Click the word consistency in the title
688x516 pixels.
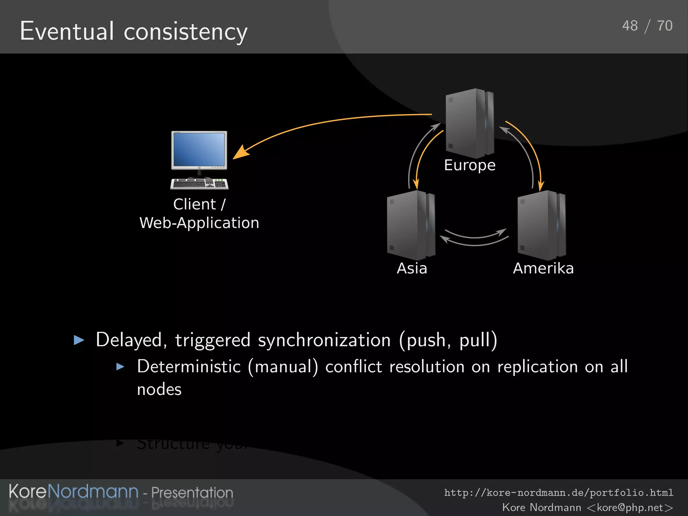(x=185, y=32)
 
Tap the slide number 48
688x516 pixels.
(x=630, y=26)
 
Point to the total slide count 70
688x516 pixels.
(x=664, y=26)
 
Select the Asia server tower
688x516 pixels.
(x=411, y=225)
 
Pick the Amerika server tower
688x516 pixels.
(x=541, y=225)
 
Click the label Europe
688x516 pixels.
(x=469, y=165)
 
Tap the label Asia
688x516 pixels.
(x=412, y=268)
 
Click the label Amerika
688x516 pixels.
(x=543, y=268)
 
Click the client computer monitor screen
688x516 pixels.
(x=199, y=149)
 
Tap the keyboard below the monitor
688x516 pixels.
(x=199, y=184)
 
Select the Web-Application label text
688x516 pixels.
(x=199, y=223)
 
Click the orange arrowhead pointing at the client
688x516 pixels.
(x=241, y=153)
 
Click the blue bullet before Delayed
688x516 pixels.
(x=79, y=340)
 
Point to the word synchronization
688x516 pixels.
(x=324, y=340)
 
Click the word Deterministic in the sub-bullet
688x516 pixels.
(x=189, y=367)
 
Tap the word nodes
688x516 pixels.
(x=159, y=390)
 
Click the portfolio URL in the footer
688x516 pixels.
(x=558, y=492)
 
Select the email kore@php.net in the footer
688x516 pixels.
(x=630, y=507)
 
